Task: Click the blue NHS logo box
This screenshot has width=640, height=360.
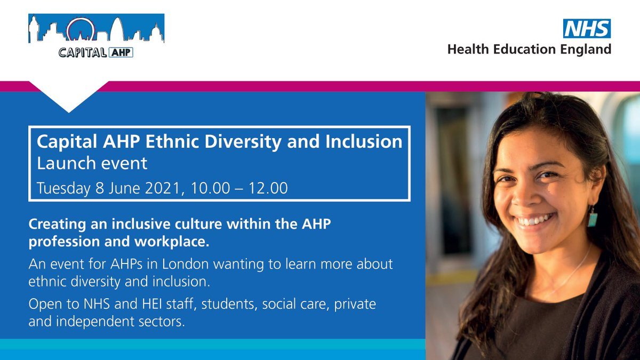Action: (x=587, y=28)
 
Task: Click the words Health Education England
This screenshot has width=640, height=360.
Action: (x=529, y=50)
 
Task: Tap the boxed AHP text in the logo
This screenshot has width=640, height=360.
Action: (x=121, y=52)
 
